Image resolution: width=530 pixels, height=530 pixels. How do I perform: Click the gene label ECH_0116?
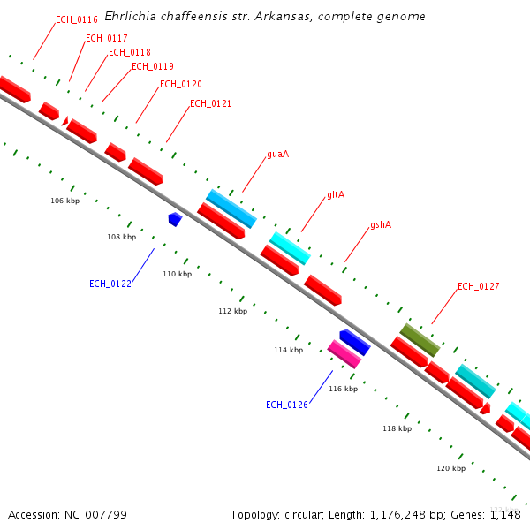pyautogui.click(x=76, y=19)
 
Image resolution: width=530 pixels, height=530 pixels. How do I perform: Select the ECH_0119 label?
pyautogui.click(x=152, y=66)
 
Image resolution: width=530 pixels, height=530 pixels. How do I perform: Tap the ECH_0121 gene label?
pyautogui.click(x=210, y=103)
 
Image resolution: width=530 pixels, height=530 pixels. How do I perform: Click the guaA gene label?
pyautogui.click(x=277, y=154)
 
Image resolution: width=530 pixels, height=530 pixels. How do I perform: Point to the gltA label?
pyautogui.click(x=335, y=194)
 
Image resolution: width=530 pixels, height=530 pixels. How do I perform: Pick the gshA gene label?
pyautogui.click(x=380, y=224)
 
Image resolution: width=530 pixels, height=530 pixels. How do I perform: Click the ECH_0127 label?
pyautogui.click(x=478, y=286)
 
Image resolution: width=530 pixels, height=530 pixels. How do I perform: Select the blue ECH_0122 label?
pyautogui.click(x=110, y=284)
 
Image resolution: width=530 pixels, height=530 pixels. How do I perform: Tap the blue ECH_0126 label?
pyautogui.click(x=286, y=405)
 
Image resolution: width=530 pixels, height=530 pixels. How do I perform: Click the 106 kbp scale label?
pyautogui.click(x=64, y=201)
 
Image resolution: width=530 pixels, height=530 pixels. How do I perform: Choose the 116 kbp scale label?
pyautogui.click(x=343, y=389)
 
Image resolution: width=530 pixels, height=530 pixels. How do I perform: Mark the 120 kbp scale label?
pyautogui.click(x=450, y=468)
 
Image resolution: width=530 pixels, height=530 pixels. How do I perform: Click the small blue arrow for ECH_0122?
pyautogui.click(x=175, y=218)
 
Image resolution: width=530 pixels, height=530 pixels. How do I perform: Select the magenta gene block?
pyautogui.click(x=344, y=354)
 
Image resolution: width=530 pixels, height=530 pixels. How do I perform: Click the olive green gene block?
pyautogui.click(x=420, y=340)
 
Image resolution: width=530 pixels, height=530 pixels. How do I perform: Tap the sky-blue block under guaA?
pyautogui.click(x=231, y=208)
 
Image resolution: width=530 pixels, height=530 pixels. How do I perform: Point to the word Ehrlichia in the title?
pyautogui.click(x=128, y=17)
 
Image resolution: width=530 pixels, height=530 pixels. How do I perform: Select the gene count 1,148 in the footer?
pyautogui.click(x=504, y=514)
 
